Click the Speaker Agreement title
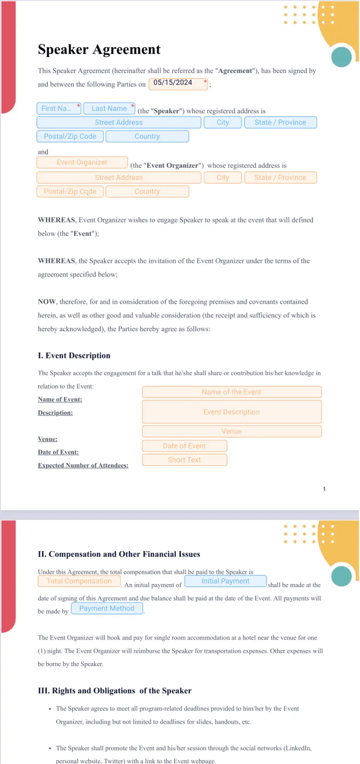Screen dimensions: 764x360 99,50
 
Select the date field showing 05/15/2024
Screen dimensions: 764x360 178,84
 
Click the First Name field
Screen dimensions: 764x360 58,109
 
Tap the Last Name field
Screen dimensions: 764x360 109,109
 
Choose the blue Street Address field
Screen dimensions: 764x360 119,123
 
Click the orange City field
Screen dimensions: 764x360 223,178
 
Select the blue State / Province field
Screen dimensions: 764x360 280,123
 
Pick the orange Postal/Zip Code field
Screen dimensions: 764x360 70,192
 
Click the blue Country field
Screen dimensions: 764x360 147,137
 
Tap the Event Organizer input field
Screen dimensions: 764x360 82,163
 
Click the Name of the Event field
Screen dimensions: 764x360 231,392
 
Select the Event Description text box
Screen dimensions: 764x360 231,412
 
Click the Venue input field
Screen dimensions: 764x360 231,432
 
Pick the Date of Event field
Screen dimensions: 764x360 184,446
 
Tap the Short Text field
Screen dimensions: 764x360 184,460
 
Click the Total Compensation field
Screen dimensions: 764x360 79,581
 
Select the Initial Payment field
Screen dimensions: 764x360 225,581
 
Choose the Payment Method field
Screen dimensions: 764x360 107,608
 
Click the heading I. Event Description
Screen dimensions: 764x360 74,356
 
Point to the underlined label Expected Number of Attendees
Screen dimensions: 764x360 83,466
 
